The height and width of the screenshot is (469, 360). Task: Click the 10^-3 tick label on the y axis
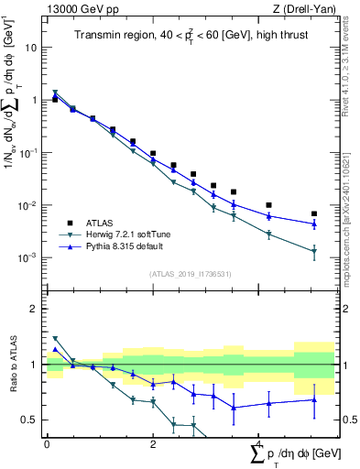[29, 258]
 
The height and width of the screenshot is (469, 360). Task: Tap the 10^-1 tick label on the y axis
[29, 153]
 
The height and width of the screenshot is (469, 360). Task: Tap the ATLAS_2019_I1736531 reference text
[190, 274]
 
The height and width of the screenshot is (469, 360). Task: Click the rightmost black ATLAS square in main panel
[313, 213]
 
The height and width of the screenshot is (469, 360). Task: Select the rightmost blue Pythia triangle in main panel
[313, 224]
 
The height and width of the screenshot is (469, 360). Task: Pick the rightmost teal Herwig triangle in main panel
[313, 251]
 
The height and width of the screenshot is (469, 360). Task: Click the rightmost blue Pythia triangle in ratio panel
[313, 399]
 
